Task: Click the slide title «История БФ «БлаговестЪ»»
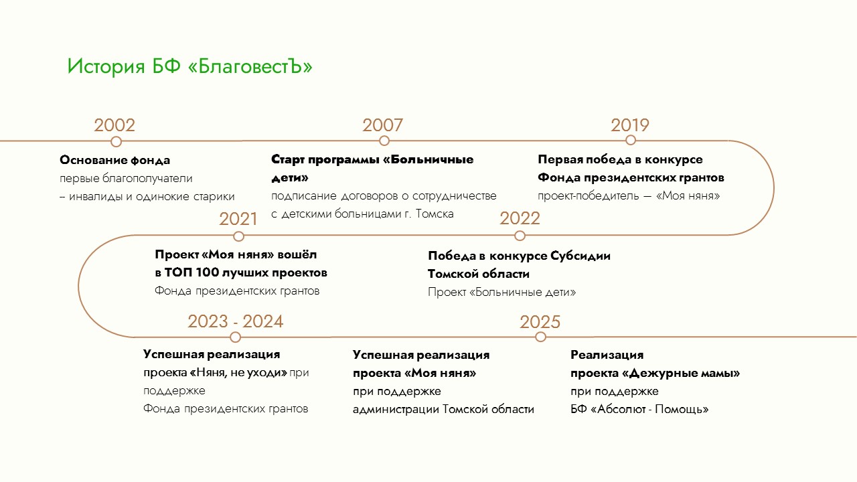point(189,66)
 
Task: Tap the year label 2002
point(114,125)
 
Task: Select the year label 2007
point(382,125)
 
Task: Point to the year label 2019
point(630,125)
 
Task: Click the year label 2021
point(238,219)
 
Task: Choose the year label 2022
point(520,218)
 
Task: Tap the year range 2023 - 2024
point(235,321)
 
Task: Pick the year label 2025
point(540,322)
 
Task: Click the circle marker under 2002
point(116,141)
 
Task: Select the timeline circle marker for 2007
point(384,141)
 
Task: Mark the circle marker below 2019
point(631,141)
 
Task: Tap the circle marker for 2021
point(238,236)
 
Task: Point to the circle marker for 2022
point(520,236)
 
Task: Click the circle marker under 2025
point(540,337)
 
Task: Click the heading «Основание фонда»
point(114,160)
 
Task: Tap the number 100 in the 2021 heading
point(207,272)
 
